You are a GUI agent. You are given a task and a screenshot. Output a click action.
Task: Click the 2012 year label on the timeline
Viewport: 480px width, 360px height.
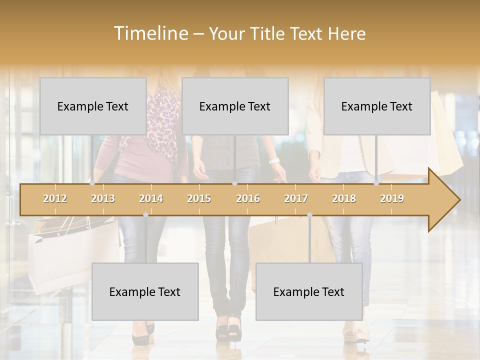tap(55, 198)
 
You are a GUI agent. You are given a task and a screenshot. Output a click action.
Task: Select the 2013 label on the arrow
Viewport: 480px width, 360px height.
tap(103, 198)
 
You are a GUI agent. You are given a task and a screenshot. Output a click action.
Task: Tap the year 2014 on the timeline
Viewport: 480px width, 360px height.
tap(151, 198)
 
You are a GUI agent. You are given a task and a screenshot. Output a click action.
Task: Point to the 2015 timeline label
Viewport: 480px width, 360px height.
tap(199, 198)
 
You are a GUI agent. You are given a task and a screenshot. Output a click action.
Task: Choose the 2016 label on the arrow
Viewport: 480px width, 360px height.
tap(248, 198)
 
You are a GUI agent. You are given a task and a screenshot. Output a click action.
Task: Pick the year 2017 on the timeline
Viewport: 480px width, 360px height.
tap(296, 198)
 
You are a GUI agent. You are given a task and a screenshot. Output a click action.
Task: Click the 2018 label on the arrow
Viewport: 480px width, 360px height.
tap(344, 198)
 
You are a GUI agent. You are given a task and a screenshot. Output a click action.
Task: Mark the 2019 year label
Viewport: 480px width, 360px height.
tap(392, 198)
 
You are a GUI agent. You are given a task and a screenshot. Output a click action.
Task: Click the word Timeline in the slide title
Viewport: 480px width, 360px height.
tap(150, 33)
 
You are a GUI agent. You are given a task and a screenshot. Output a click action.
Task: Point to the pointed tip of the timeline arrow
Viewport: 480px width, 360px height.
tap(458, 200)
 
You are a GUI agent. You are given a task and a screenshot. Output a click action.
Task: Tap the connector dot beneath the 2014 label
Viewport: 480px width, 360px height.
tap(145, 215)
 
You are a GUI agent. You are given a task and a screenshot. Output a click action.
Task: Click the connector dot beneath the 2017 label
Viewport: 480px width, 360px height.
tap(309, 215)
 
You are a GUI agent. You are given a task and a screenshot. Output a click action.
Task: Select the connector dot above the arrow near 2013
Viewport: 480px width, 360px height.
tap(92, 183)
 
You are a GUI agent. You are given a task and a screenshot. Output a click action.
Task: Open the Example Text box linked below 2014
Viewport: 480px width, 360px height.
tap(145, 291)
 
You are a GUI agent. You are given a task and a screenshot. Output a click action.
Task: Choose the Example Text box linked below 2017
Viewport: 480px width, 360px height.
tap(309, 291)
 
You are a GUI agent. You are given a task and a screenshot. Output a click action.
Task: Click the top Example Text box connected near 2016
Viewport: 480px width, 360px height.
tap(235, 106)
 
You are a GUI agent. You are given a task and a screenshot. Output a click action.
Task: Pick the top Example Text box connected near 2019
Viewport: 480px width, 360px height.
tap(377, 106)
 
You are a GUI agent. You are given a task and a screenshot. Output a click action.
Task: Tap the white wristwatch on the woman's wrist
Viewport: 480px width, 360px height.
tap(273, 160)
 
